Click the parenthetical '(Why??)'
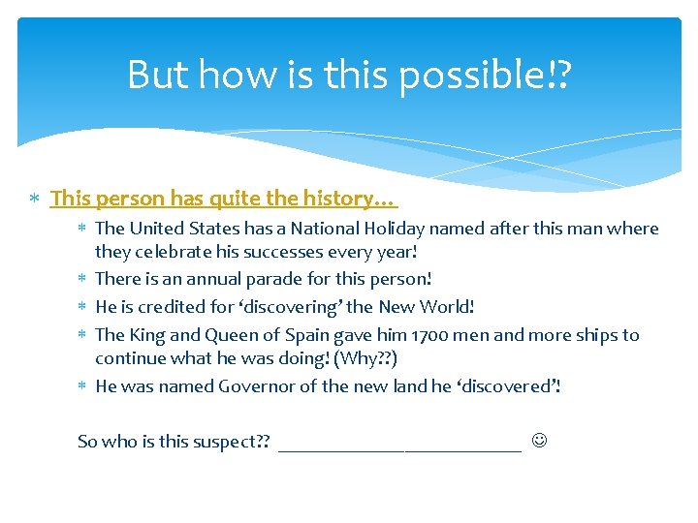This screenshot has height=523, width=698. coord(364,359)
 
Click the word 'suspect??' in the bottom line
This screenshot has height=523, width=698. coord(231,442)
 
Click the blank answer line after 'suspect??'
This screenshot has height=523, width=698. coord(399,445)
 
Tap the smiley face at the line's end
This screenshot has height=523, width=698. coord(539,442)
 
